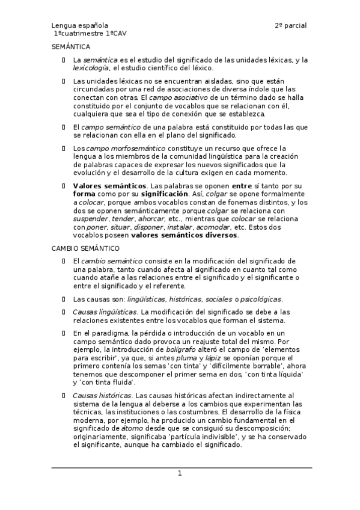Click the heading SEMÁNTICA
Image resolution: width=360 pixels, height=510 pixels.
point(70,46)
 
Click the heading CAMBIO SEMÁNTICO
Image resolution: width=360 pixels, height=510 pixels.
point(85,248)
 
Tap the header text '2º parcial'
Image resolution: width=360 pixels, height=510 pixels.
point(291,26)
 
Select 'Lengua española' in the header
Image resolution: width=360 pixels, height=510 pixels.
point(79,26)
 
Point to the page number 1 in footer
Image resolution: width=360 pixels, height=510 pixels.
point(179,474)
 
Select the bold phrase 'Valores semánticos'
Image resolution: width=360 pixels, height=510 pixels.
point(109,186)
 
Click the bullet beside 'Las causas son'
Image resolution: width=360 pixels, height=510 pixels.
point(64,299)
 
